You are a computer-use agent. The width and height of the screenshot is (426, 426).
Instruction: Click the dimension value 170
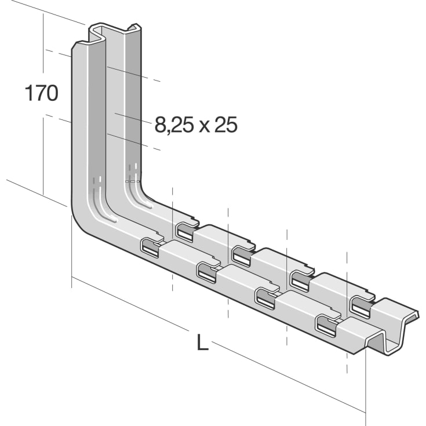pos(41,93)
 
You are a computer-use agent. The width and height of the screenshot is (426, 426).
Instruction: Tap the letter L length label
pos(202,343)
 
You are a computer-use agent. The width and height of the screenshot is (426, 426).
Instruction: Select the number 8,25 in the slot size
pos(174,125)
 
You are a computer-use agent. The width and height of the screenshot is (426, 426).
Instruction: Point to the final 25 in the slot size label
pos(226,125)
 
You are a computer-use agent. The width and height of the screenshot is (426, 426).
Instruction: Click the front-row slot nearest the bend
pos(150,248)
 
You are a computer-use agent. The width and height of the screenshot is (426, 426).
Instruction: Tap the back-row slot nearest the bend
pos(185,232)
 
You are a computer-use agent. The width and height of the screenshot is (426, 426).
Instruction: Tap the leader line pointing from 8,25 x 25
pos(133,119)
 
